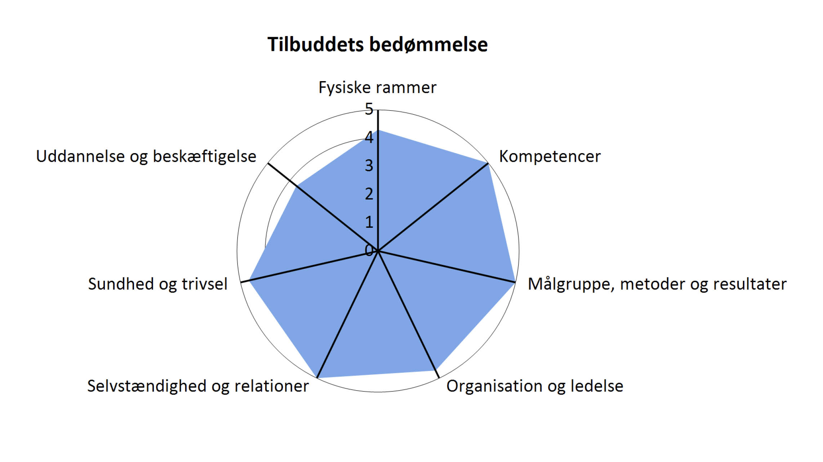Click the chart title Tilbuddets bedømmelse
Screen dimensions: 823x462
tap(377, 45)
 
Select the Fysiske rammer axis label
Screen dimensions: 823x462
tap(377, 88)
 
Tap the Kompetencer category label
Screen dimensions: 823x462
tap(550, 157)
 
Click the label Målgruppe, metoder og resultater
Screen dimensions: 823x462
tap(657, 284)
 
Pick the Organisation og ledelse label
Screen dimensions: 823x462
tap(535, 386)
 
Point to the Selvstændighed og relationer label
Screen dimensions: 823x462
tap(198, 386)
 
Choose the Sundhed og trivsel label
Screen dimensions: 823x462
tap(158, 284)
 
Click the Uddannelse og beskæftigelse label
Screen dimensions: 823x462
tap(146, 157)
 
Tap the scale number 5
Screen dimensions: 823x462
tap(369, 109)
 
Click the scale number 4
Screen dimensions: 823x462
tap(369, 137)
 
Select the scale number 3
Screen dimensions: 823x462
tap(369, 166)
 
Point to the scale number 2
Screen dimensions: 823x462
tap(369, 194)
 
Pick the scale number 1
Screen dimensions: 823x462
tap(369, 222)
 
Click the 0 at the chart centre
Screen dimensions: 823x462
tap(369, 250)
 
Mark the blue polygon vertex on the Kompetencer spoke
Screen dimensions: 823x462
tap(488, 163)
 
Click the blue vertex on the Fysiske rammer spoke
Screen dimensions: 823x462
tap(378, 130)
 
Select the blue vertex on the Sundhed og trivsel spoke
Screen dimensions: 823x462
tap(249, 280)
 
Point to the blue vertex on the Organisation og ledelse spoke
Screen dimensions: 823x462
tap(436, 371)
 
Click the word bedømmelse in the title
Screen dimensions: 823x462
tap(428, 45)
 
